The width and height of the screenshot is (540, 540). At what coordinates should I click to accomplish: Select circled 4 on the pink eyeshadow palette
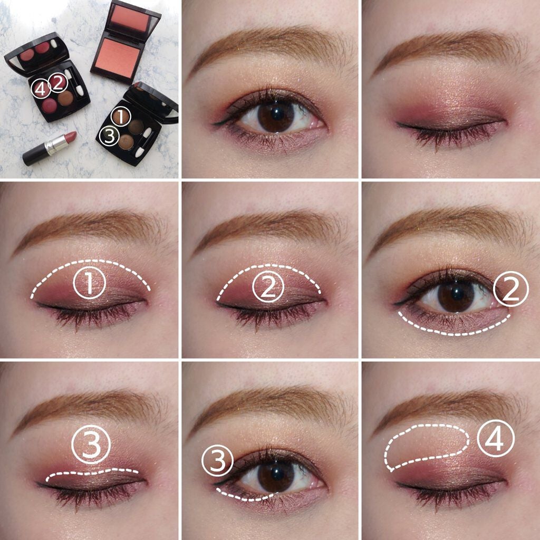point(41,89)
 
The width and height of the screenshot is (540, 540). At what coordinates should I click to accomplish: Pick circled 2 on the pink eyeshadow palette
point(58,83)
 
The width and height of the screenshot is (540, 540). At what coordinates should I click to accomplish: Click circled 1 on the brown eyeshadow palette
point(121,117)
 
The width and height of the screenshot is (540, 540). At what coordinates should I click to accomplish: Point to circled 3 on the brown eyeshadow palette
point(109,136)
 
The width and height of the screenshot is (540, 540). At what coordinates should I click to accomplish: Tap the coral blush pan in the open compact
point(118,57)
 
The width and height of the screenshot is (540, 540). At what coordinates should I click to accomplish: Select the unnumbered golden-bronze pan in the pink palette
point(65,98)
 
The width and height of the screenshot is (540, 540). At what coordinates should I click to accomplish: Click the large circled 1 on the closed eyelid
point(90,283)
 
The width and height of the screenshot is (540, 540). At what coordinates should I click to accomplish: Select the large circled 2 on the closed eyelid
point(268,286)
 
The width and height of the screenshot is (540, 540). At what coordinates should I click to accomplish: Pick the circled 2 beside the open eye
point(510,289)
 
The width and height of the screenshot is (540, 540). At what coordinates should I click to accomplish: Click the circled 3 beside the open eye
point(218,460)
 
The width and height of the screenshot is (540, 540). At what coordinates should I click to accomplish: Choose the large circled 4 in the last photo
point(496,439)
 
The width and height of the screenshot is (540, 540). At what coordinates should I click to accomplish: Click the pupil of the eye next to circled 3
point(276,474)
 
